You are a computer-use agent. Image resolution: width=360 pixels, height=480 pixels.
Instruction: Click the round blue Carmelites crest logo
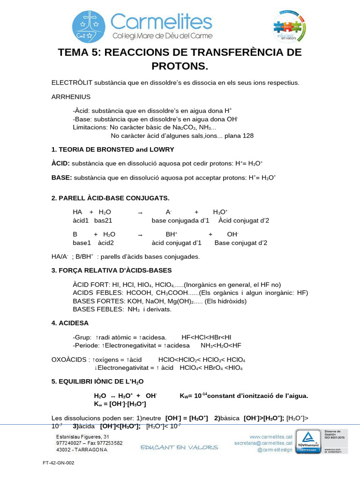(89, 27)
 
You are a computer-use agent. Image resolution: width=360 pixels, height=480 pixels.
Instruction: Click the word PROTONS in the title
(180, 66)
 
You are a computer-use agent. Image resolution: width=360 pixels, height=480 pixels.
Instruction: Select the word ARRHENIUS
(71, 97)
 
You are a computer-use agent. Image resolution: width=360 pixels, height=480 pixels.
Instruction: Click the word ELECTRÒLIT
(72, 83)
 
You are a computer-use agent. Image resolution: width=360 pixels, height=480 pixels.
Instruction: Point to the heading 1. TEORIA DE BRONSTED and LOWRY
(112, 150)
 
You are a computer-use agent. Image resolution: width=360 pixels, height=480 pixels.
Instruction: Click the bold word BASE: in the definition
(61, 178)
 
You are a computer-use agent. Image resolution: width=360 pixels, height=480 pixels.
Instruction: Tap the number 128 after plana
(248, 136)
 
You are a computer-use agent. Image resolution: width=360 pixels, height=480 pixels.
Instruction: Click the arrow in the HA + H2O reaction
(140, 212)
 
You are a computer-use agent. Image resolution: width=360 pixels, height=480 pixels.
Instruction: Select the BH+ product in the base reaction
(171, 234)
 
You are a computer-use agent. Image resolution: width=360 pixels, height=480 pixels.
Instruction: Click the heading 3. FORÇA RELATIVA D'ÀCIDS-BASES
(112, 270)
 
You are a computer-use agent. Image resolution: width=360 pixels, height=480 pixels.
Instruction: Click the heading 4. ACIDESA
(70, 323)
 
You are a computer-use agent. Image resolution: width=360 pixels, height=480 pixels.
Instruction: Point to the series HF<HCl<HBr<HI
(206, 337)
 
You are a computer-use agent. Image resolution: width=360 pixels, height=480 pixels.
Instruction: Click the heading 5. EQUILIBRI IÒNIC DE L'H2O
(97, 382)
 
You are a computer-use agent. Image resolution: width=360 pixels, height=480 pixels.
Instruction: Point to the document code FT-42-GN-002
(58, 463)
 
